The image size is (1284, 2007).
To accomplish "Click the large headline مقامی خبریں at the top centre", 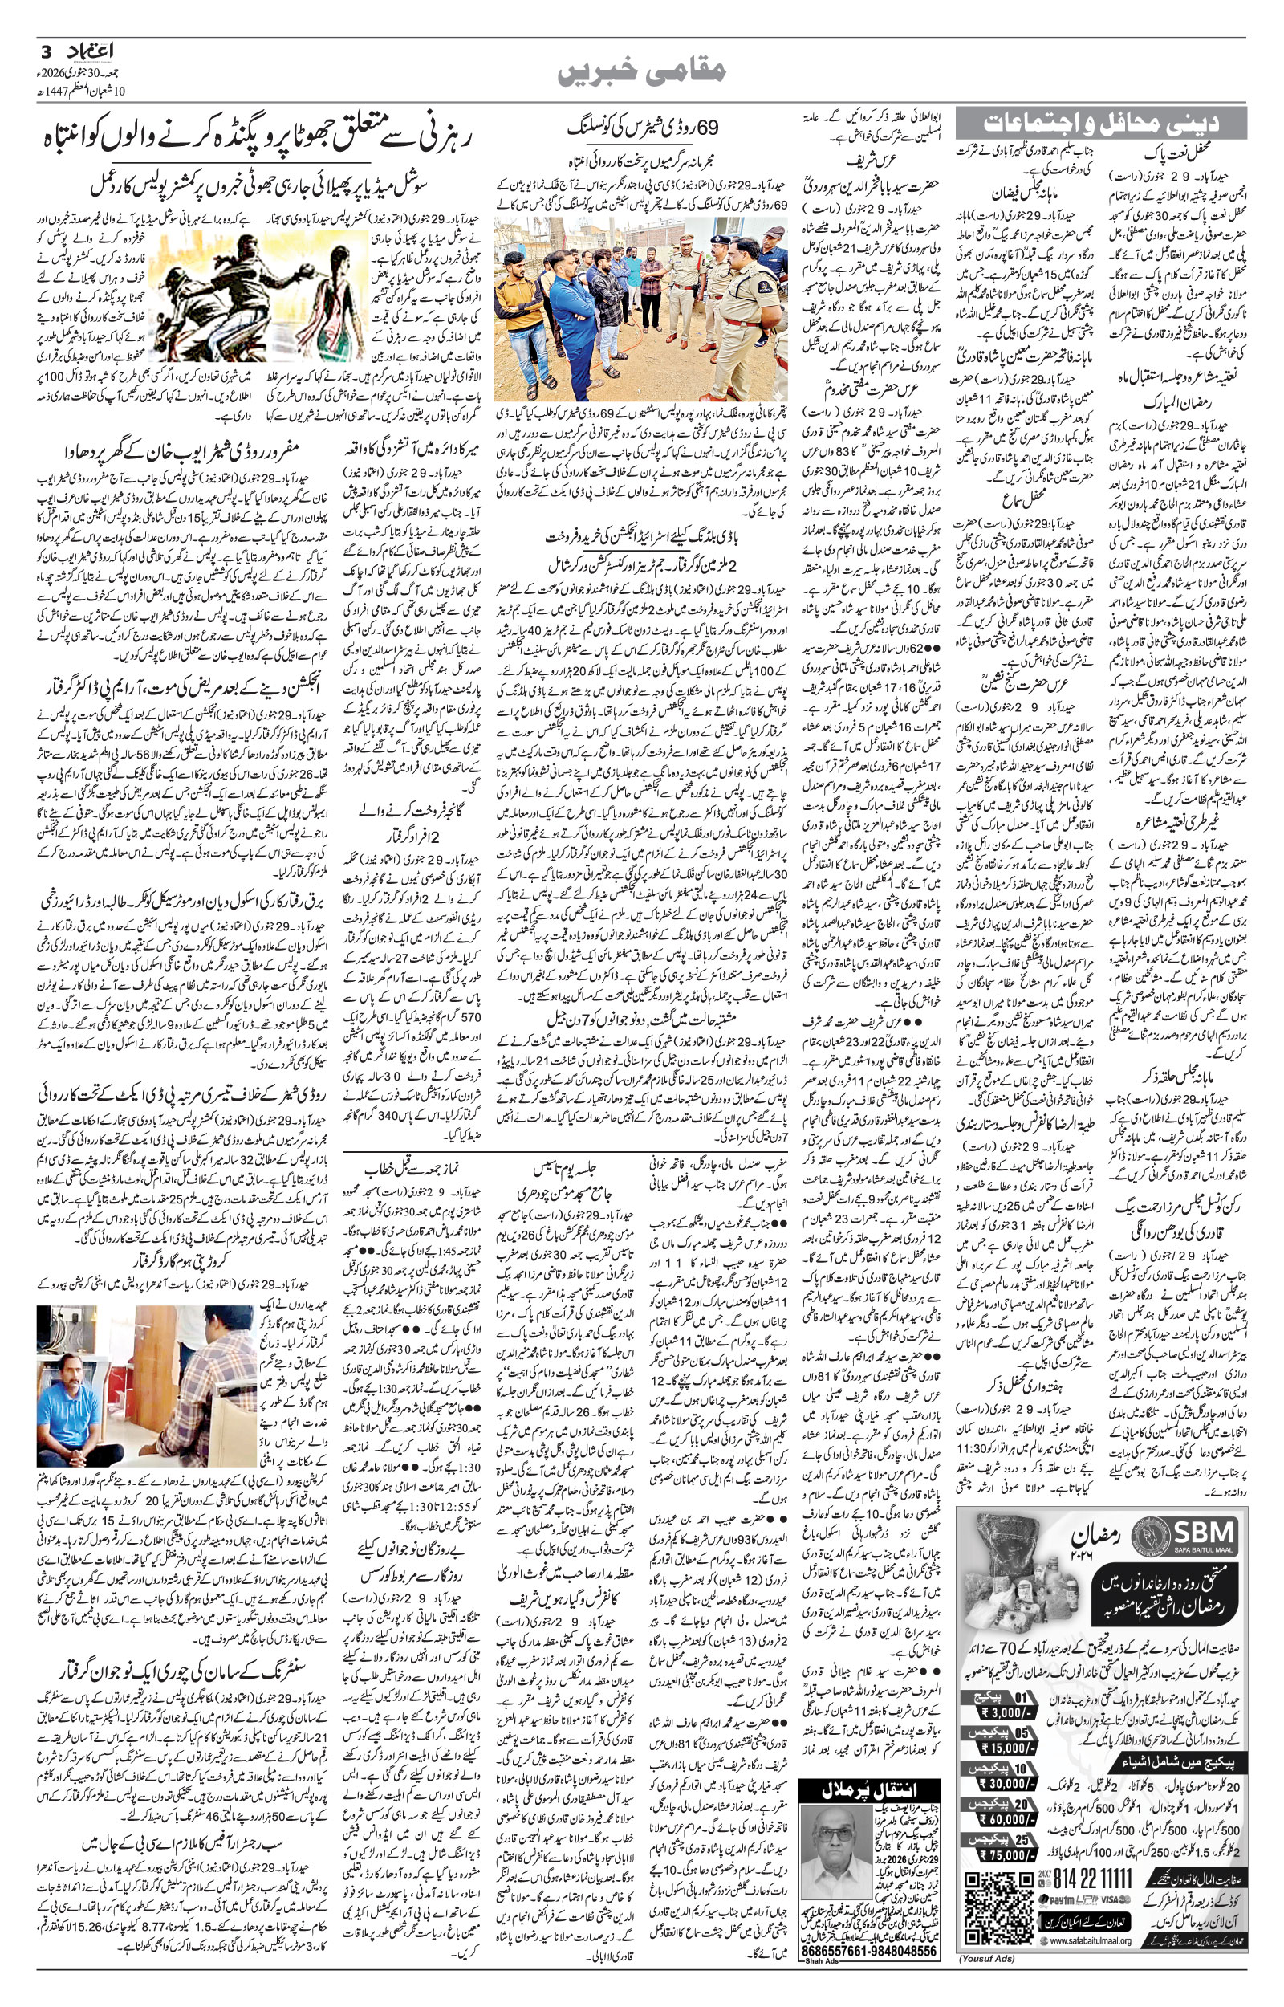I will pos(641,72).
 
